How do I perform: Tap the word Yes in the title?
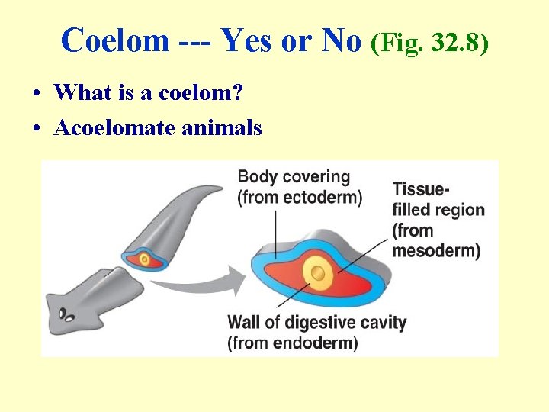click(x=246, y=40)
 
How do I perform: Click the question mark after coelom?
click(x=239, y=93)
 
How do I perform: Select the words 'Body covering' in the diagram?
click(x=294, y=177)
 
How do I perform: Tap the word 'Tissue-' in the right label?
click(x=420, y=189)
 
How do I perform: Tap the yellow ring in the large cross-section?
click(x=318, y=272)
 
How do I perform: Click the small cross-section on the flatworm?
click(x=145, y=259)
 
